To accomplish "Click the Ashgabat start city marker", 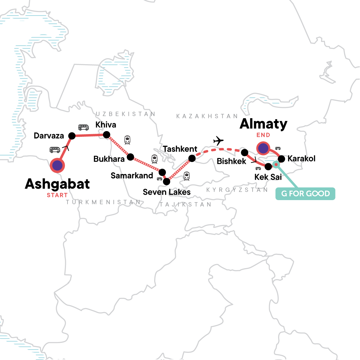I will [x=57, y=165].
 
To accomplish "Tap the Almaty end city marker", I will [x=263, y=148].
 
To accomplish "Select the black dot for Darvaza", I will [x=72, y=136].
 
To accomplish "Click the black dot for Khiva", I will [x=106, y=135].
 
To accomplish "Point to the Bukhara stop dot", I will [x=130, y=157].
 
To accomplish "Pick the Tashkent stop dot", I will [x=192, y=159].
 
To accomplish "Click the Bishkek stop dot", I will [x=245, y=152].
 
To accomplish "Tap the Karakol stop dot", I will [x=281, y=159].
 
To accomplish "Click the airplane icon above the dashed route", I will [x=218, y=140].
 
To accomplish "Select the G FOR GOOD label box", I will [x=305, y=194].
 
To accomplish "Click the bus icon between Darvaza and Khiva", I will [x=83, y=127].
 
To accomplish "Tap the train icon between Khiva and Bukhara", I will [x=127, y=140].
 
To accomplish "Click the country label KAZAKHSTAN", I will [x=207, y=116].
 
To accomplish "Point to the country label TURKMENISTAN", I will [x=103, y=202].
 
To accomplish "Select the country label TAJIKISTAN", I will [x=185, y=205].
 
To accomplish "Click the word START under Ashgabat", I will [x=57, y=195].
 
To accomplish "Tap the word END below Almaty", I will [x=263, y=135].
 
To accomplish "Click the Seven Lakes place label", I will [x=166, y=192].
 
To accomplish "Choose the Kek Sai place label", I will [x=268, y=177].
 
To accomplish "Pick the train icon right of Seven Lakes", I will [x=187, y=176].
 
